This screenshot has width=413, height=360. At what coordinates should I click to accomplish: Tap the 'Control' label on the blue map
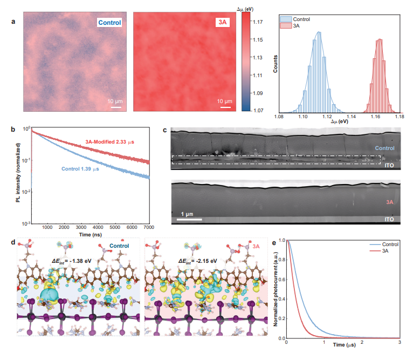pyautogui.click(x=109, y=23)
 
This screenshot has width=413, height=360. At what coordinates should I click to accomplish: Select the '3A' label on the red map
pyautogui.click(x=222, y=23)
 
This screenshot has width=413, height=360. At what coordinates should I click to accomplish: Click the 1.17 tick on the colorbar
pyautogui.click(x=258, y=22)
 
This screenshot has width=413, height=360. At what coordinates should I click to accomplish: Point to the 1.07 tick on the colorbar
pyautogui.click(x=258, y=111)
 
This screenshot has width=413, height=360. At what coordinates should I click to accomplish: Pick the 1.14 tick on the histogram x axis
pyautogui.click(x=351, y=116)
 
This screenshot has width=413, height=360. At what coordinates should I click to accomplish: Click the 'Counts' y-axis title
pyautogui.click(x=276, y=64)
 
